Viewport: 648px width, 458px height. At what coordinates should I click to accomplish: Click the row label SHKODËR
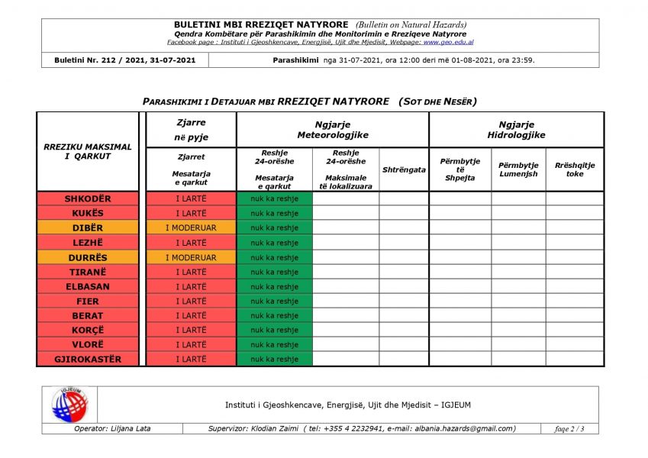[x=87, y=199]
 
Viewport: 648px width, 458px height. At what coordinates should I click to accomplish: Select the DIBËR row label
[x=87, y=228]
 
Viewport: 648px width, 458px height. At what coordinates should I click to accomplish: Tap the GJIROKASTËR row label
[x=87, y=360]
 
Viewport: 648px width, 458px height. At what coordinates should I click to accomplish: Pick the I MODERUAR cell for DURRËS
[x=191, y=257]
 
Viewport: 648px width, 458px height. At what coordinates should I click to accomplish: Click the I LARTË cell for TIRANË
[x=191, y=273]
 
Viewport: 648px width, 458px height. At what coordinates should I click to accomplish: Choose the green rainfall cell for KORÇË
[x=274, y=331]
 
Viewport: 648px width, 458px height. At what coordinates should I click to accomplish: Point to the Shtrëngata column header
[x=404, y=169]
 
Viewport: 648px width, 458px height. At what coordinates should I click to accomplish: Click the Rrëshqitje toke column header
[x=574, y=169]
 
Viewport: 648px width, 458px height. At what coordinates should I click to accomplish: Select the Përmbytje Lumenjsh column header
[x=518, y=169]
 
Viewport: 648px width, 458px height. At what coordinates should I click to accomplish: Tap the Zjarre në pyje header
[x=191, y=130]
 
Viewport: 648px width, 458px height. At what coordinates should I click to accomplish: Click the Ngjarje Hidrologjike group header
[x=516, y=130]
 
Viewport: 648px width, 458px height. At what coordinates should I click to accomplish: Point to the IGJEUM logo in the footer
[x=69, y=405]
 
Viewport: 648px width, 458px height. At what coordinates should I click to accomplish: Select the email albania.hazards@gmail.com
[x=463, y=429]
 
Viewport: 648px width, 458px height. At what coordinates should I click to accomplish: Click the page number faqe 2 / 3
[x=569, y=429]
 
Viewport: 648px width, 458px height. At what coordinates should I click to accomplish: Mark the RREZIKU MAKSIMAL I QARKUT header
[x=87, y=151]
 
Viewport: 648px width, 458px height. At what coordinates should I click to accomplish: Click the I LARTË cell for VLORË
[x=191, y=345]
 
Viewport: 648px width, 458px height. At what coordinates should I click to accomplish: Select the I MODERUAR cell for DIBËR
[x=191, y=228]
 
